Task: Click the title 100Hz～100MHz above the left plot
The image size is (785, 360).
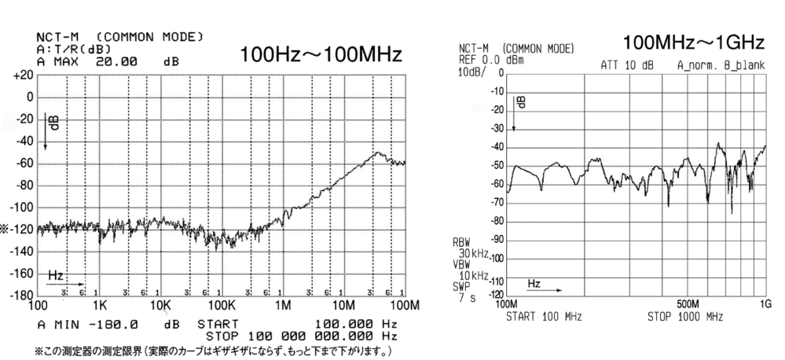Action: [321, 56]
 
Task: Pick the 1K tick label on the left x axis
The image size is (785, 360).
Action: [98, 304]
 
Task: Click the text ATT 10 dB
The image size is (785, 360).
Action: [626, 67]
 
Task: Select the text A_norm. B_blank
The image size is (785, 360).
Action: [715, 67]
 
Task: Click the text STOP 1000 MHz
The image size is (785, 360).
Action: [685, 315]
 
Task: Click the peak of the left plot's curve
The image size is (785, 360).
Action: [378, 152]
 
